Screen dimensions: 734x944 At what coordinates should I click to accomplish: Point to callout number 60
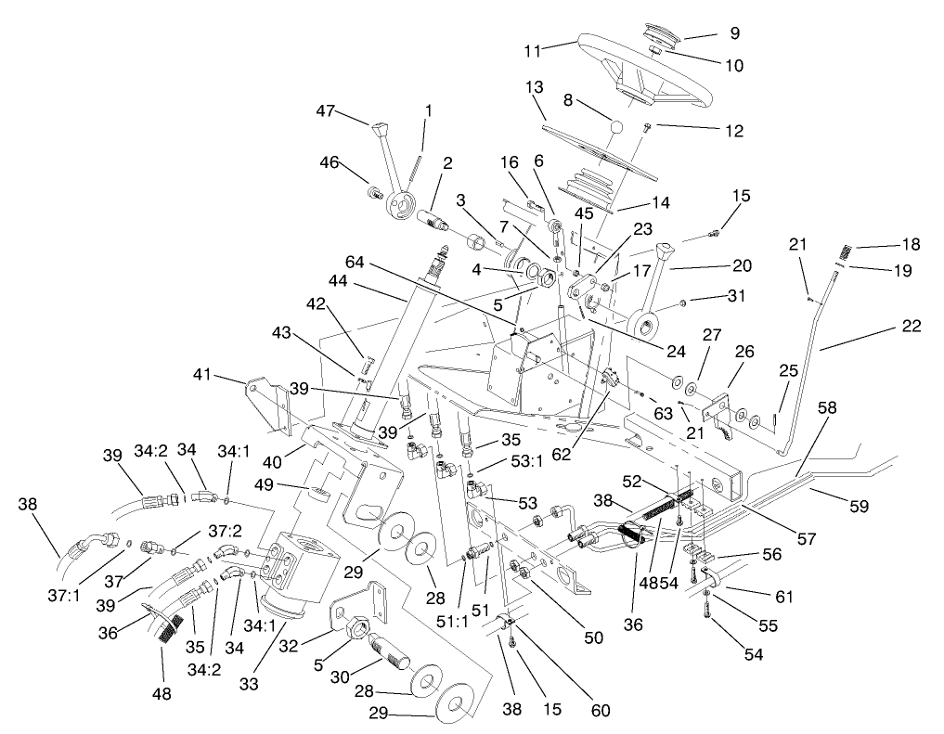(x=601, y=711)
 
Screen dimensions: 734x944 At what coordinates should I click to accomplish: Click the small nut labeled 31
(x=682, y=303)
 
